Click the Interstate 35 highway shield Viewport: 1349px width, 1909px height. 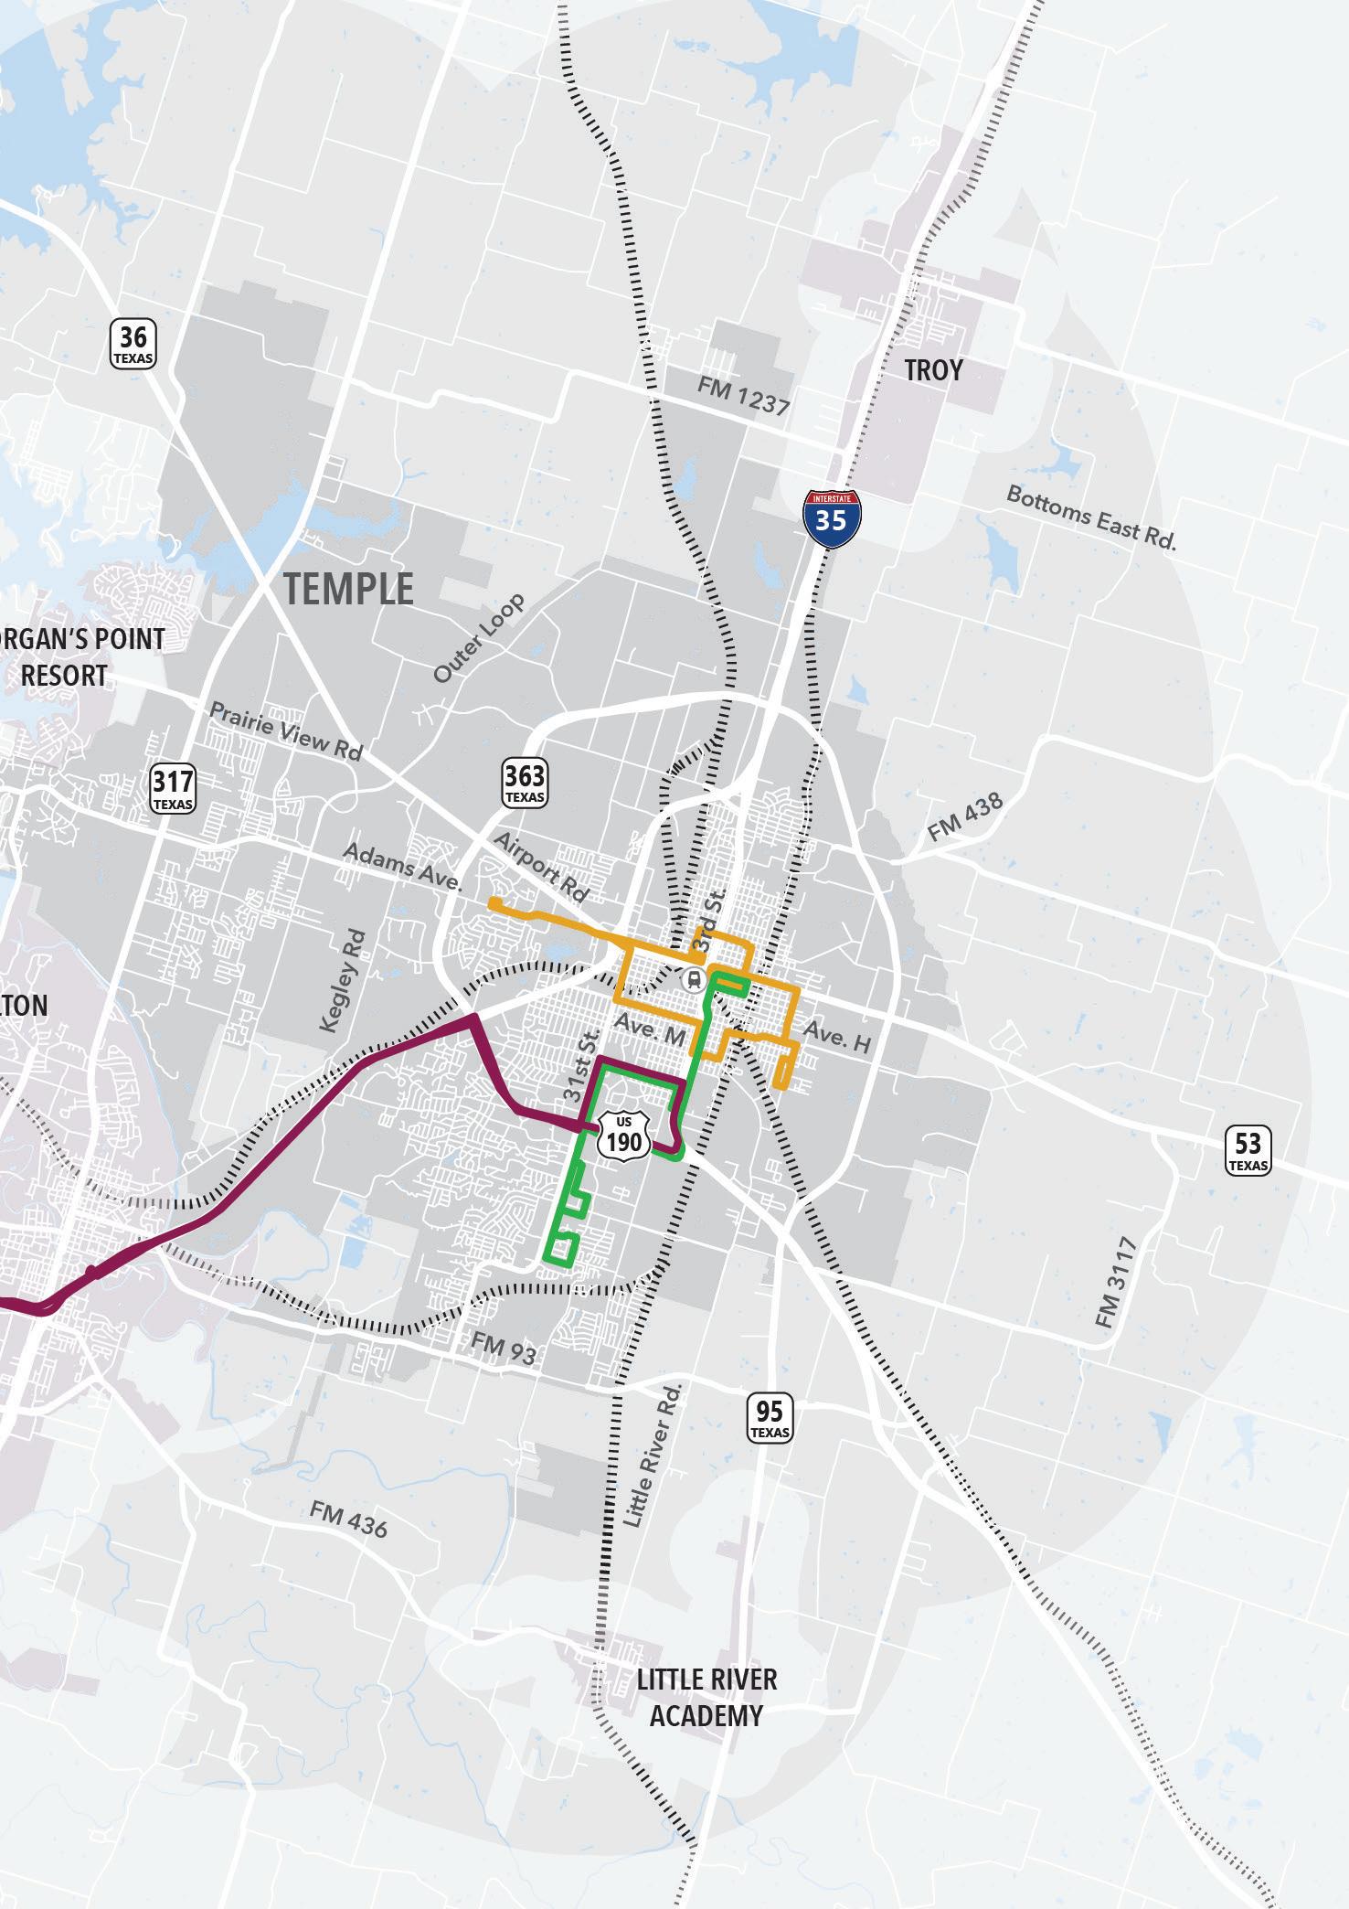(831, 518)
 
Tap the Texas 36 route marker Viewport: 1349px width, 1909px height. (133, 344)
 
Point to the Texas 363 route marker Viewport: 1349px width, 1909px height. (525, 784)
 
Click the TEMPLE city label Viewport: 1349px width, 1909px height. (348, 588)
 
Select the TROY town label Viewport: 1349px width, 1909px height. (933, 370)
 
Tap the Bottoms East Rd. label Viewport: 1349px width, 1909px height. (1091, 517)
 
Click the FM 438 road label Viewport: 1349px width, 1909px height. (965, 816)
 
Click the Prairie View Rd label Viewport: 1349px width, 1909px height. (286, 731)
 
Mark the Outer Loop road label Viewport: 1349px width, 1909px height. (479, 638)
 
